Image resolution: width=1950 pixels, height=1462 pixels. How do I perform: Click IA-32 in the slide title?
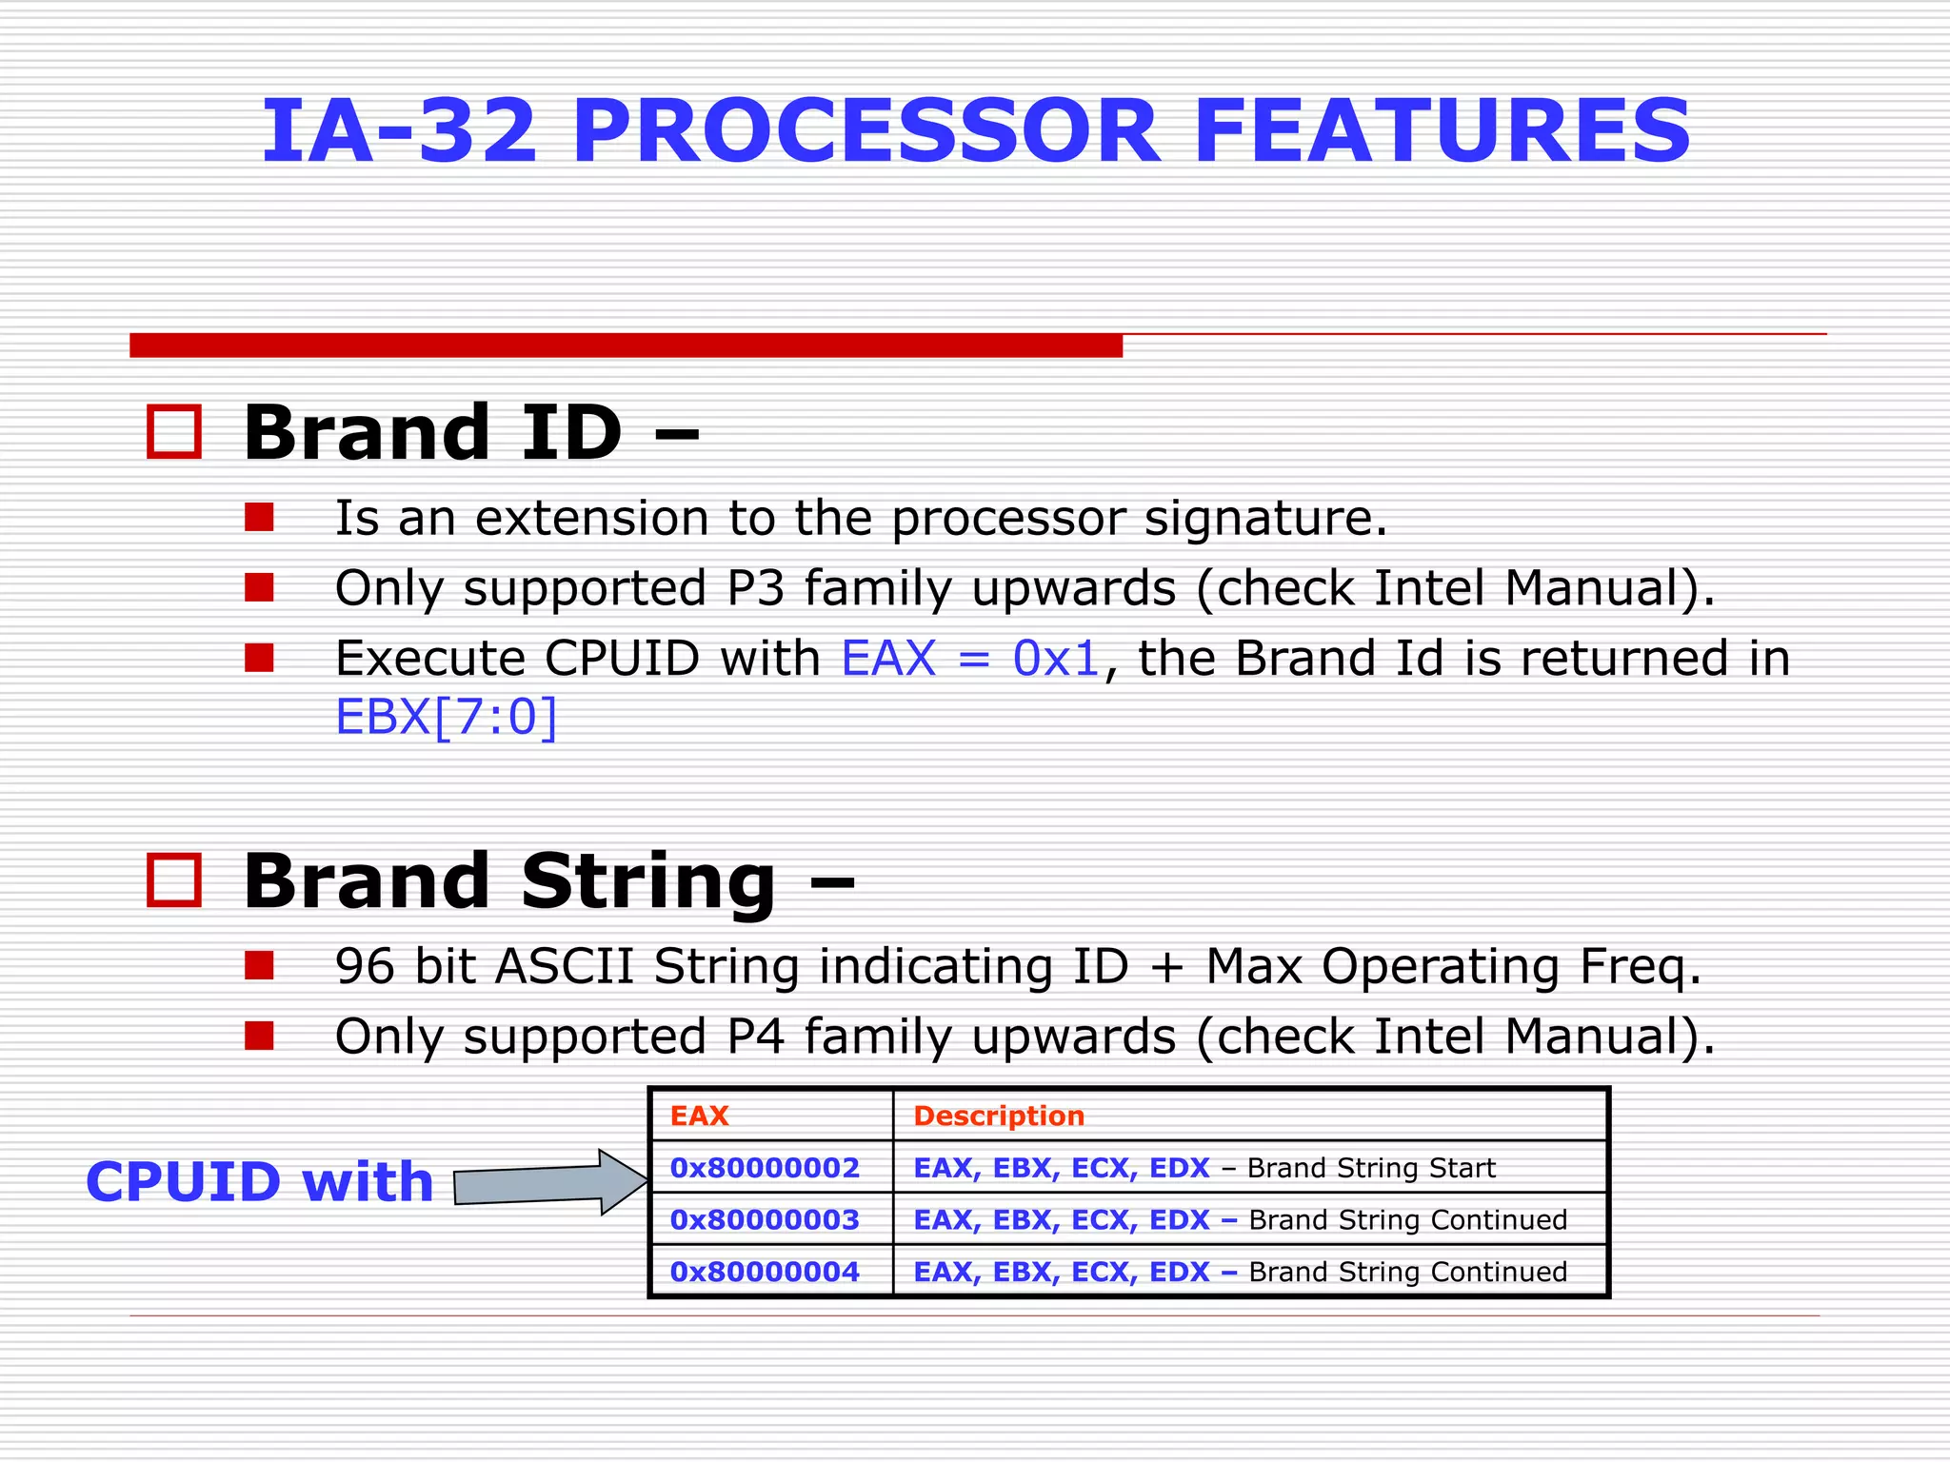pos(400,131)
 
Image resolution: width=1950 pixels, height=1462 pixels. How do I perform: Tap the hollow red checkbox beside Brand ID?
pos(174,432)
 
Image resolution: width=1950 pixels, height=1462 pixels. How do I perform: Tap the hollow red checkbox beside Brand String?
pos(174,879)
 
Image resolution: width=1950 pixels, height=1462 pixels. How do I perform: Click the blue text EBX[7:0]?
pos(446,717)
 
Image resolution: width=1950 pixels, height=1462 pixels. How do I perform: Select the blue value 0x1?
pos(1056,659)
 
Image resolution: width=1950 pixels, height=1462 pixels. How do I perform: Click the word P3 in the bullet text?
pos(756,588)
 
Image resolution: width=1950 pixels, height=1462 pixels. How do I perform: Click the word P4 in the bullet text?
pos(756,1037)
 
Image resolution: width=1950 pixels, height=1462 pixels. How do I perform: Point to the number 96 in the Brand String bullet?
pos(365,966)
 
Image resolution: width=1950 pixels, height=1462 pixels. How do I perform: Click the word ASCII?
pos(565,966)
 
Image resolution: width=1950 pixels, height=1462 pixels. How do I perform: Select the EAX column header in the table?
pos(700,1116)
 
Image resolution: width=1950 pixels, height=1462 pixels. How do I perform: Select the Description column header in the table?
pos(999,1116)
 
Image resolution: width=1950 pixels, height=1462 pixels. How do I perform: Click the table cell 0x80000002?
pos(765,1168)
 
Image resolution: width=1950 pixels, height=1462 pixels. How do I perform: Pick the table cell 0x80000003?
pos(765,1220)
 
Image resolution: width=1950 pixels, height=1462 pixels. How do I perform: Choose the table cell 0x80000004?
pos(765,1272)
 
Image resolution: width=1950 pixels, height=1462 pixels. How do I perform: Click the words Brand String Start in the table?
pos(1371,1168)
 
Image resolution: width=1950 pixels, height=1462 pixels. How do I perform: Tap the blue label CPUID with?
pos(260,1182)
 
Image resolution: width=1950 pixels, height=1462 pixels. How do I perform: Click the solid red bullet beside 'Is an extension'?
pos(259,518)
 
